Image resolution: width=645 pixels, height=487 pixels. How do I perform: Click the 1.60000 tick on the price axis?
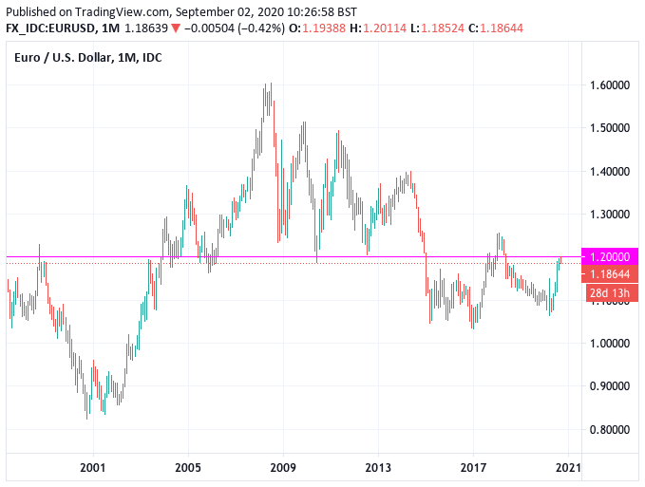click(x=610, y=84)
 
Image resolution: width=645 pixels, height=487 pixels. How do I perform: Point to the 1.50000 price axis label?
click(x=610, y=127)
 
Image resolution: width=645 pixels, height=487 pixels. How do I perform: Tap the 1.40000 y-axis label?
click(x=610, y=171)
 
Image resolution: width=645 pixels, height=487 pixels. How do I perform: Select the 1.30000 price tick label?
click(x=610, y=215)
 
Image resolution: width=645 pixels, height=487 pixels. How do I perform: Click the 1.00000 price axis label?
click(x=610, y=343)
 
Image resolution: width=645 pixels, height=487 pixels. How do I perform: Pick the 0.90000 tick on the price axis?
click(x=610, y=386)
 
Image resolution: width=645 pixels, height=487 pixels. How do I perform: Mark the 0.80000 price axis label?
click(x=610, y=429)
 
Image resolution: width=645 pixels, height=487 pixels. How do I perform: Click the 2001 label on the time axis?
click(x=92, y=467)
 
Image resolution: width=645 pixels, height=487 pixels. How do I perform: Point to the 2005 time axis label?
click(x=188, y=467)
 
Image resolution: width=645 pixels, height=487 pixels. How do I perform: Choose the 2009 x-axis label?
click(x=283, y=467)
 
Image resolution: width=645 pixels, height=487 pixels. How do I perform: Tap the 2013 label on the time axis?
click(x=378, y=467)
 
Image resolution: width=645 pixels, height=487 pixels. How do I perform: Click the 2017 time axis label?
click(x=473, y=467)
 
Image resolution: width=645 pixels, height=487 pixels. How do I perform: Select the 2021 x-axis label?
click(x=568, y=467)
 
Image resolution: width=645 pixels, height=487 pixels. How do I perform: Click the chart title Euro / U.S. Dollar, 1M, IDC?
click(x=87, y=59)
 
